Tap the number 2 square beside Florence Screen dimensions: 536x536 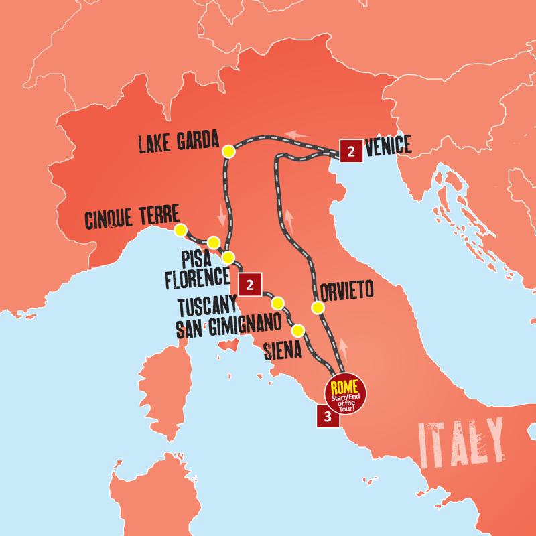coord(249,284)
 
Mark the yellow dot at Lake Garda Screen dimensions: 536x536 coord(228,152)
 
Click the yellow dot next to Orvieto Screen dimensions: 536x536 coord(318,308)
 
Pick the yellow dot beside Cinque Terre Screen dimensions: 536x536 coord(180,230)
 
